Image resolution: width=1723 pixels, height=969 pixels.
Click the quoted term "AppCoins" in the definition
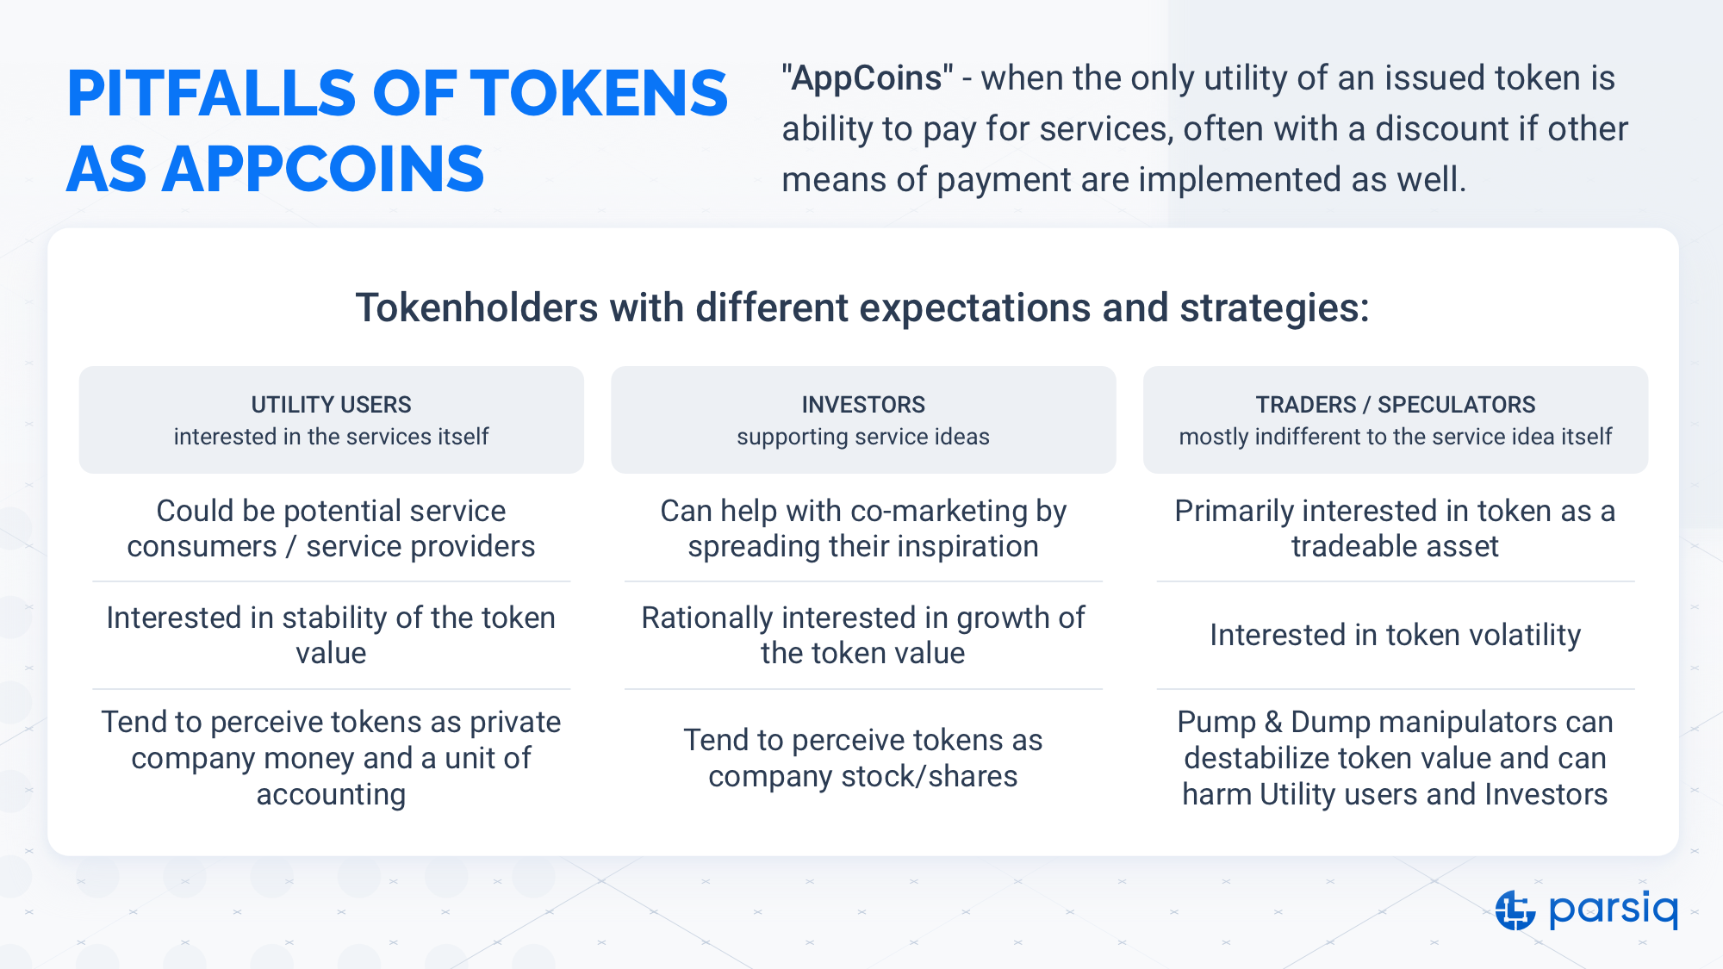[x=868, y=78]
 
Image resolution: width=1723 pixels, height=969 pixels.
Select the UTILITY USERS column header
[x=331, y=404]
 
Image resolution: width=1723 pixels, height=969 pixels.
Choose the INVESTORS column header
[x=863, y=404]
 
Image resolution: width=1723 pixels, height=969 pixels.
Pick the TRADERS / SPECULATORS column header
[x=1396, y=404]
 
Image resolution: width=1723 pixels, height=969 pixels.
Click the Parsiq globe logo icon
[x=1515, y=910]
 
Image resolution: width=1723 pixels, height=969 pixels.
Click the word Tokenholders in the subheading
[x=477, y=307]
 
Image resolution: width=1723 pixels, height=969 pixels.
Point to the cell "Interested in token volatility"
[x=1396, y=635]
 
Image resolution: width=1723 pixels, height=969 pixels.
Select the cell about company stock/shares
[x=863, y=758]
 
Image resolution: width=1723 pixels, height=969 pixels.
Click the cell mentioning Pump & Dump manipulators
[x=1396, y=758]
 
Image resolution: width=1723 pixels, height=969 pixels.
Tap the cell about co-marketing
[x=863, y=528]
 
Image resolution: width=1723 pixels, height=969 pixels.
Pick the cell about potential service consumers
[x=331, y=528]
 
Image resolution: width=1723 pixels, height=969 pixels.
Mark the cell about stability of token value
[x=331, y=635]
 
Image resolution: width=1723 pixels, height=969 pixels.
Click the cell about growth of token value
[x=863, y=635]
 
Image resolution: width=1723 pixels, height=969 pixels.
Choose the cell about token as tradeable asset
[x=1396, y=528]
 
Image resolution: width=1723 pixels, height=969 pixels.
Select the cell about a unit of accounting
[x=331, y=758]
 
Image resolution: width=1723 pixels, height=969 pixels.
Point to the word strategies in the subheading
[x=1274, y=308]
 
